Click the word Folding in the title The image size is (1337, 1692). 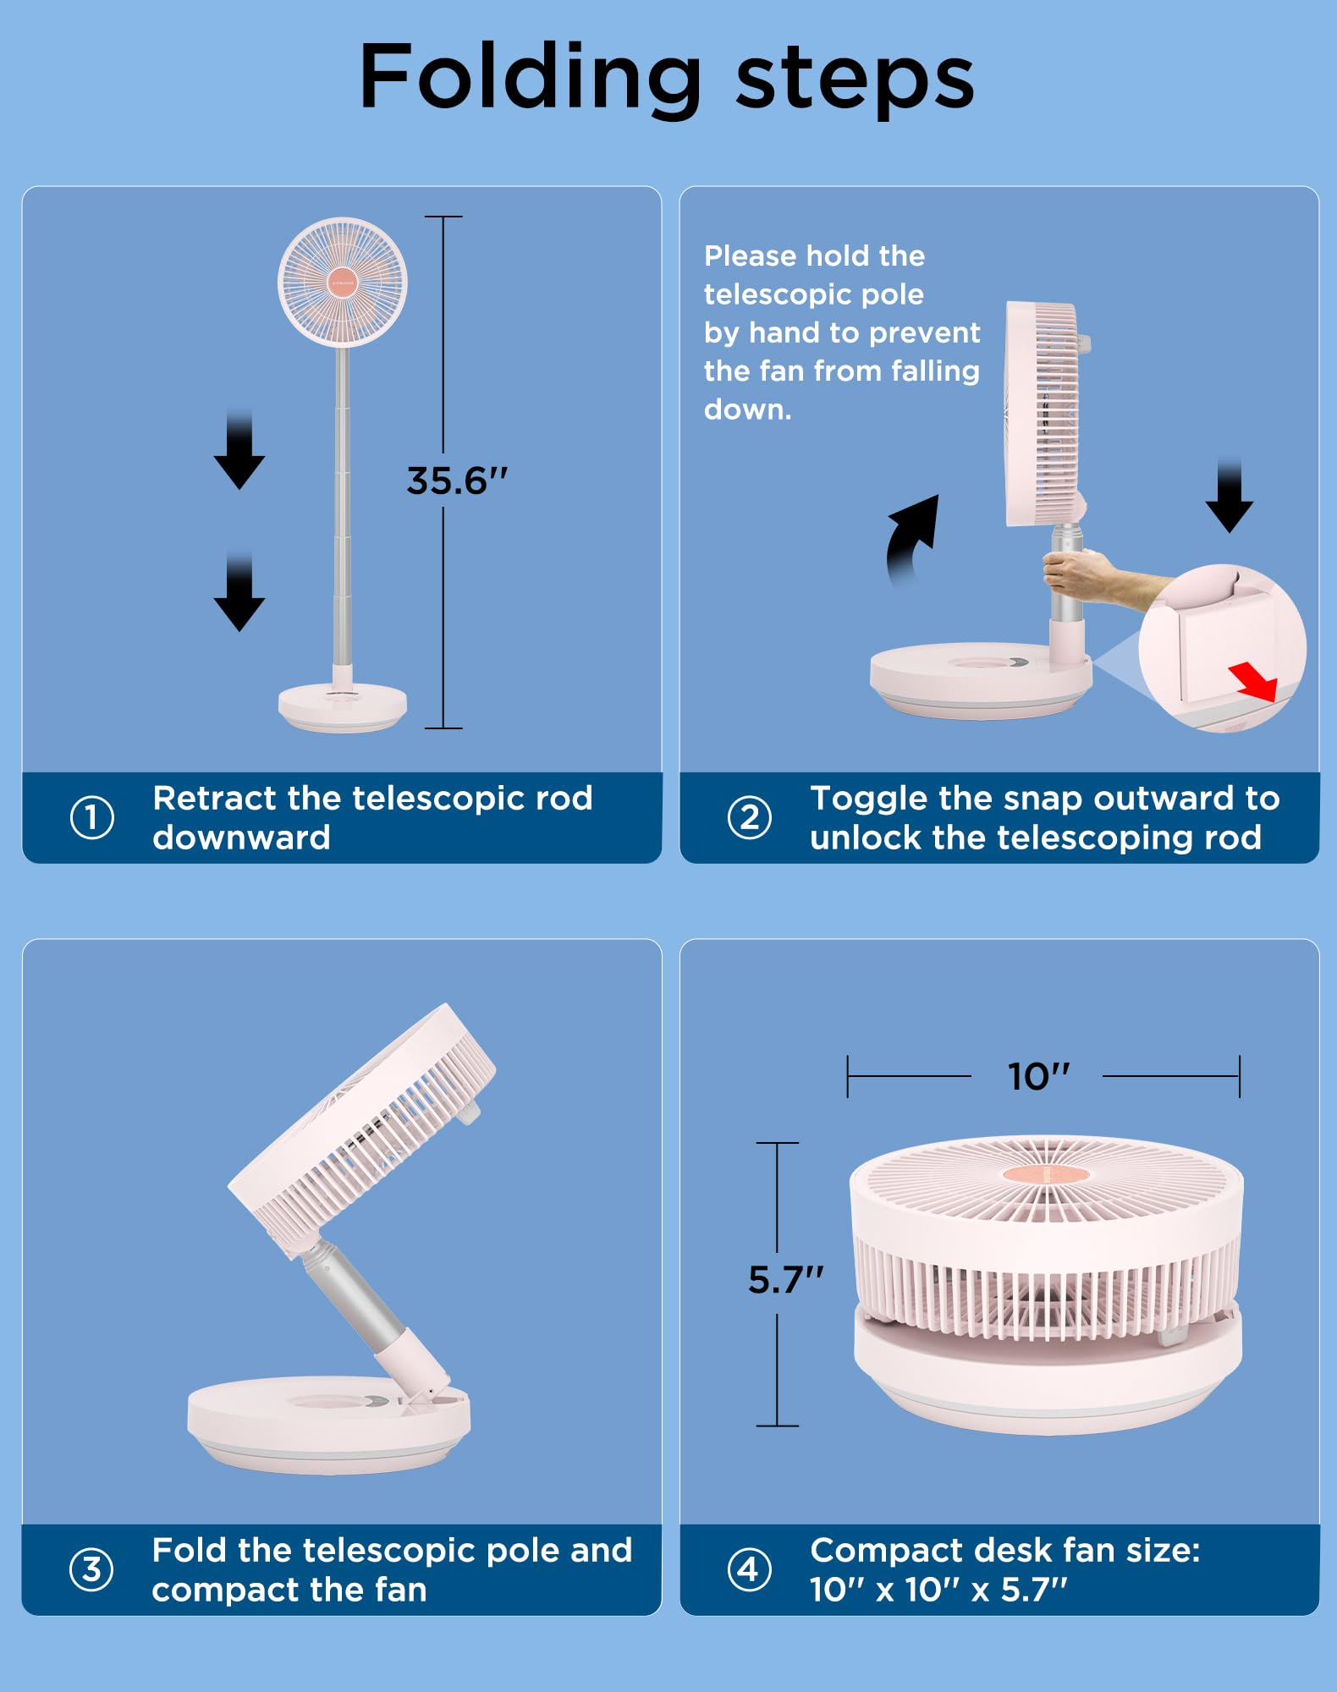coord(530,78)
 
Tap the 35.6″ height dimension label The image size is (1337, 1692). coord(457,481)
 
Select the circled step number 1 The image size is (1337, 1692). coord(91,817)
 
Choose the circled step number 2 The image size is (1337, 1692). coord(749,817)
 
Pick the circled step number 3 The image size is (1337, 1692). coord(91,1569)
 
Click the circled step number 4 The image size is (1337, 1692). coord(749,1569)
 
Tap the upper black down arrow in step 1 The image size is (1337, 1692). coord(239,452)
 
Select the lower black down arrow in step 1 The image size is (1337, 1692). coord(239,594)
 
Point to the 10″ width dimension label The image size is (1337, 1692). coord(1038,1076)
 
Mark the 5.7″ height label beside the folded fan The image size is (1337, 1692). coord(785,1280)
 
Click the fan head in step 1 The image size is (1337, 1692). coord(343,283)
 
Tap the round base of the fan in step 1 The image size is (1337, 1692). coord(343,706)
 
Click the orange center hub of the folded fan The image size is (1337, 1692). coord(1046,1174)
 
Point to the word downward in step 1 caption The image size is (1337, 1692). coord(241,838)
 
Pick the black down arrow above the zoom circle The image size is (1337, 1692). coord(1230,497)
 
